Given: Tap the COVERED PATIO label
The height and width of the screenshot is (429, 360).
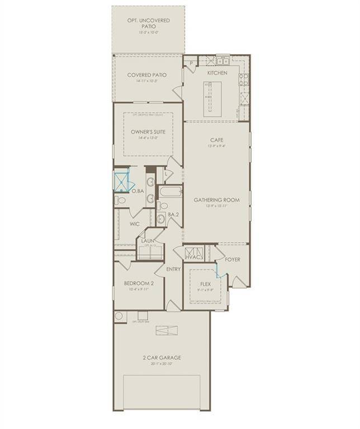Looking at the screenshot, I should [x=147, y=75].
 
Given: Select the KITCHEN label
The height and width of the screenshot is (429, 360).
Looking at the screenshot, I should [x=216, y=73].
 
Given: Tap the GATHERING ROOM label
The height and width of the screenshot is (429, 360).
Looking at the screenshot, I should [x=217, y=199].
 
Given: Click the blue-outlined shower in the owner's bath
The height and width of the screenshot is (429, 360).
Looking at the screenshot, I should [x=121, y=182].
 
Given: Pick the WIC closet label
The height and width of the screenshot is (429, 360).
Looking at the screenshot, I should [x=134, y=223].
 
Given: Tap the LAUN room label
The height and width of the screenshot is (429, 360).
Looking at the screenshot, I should [x=148, y=241].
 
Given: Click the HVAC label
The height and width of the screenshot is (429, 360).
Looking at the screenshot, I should [x=194, y=258].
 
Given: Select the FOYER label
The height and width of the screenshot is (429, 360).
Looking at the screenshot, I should [x=233, y=260].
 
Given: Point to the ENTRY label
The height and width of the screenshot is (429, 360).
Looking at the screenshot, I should [x=174, y=269].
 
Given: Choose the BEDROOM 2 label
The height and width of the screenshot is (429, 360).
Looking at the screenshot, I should [x=139, y=284].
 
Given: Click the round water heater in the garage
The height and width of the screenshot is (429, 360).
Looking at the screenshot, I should [x=119, y=317].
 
